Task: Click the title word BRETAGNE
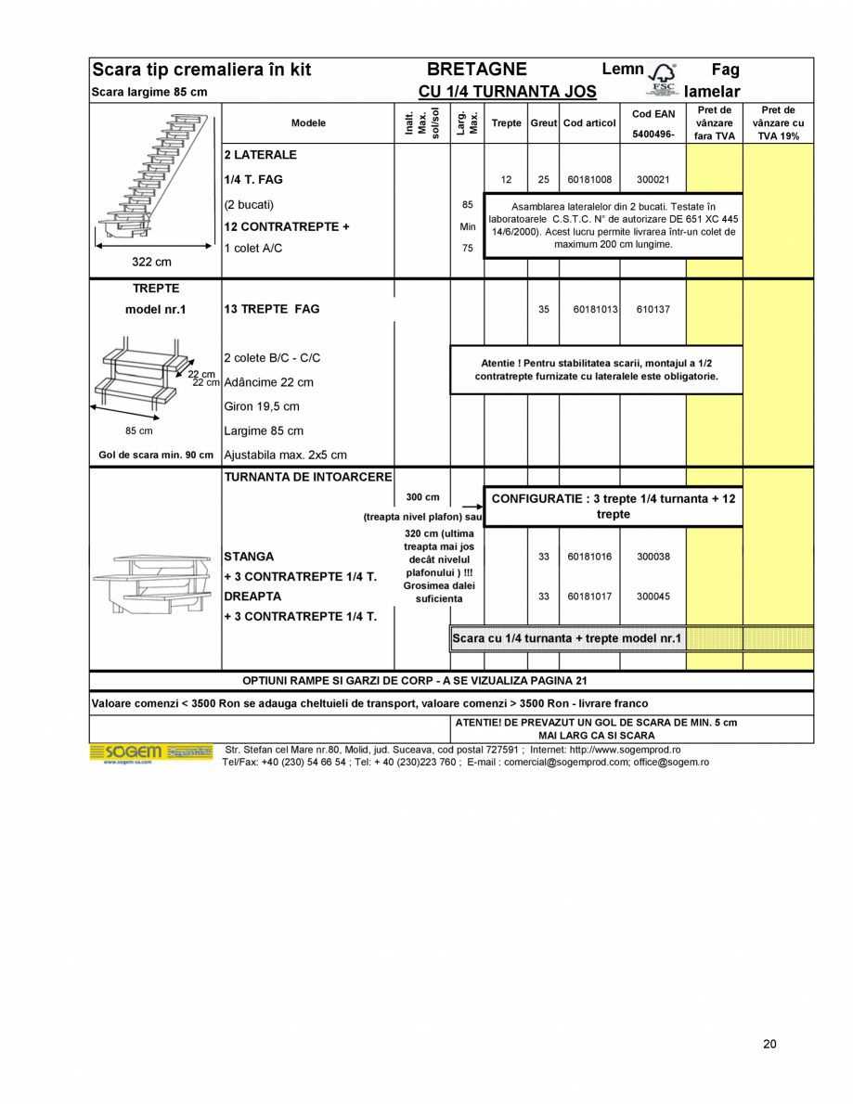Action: pos(477,70)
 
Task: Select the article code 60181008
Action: pos(589,179)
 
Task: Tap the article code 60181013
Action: pos(589,310)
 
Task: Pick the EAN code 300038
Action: pos(653,557)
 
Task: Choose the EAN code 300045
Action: pos(653,597)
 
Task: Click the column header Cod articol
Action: pos(589,123)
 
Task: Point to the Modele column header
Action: pos(308,123)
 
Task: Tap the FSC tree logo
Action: pos(664,78)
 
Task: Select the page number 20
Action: pos(769,1044)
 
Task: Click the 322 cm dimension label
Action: pos(151,263)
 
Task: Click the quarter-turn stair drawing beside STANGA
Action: pos(155,583)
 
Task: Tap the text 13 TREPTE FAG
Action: pos(271,309)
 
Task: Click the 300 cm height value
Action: pos(422,497)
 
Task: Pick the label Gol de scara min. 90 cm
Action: pos(156,456)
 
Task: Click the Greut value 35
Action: pos(544,310)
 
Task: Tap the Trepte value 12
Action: pos(506,179)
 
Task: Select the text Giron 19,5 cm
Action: pos(262,406)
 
